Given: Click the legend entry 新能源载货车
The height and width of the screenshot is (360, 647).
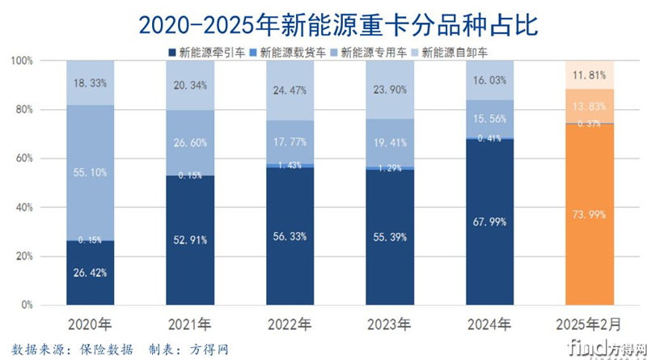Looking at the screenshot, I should tap(294, 53).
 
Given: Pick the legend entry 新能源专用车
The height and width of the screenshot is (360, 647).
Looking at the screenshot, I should tap(374, 53).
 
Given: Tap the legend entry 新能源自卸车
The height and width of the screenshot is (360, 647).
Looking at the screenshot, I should tap(455, 53).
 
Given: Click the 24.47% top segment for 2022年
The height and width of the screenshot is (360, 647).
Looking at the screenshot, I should tap(290, 90).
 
